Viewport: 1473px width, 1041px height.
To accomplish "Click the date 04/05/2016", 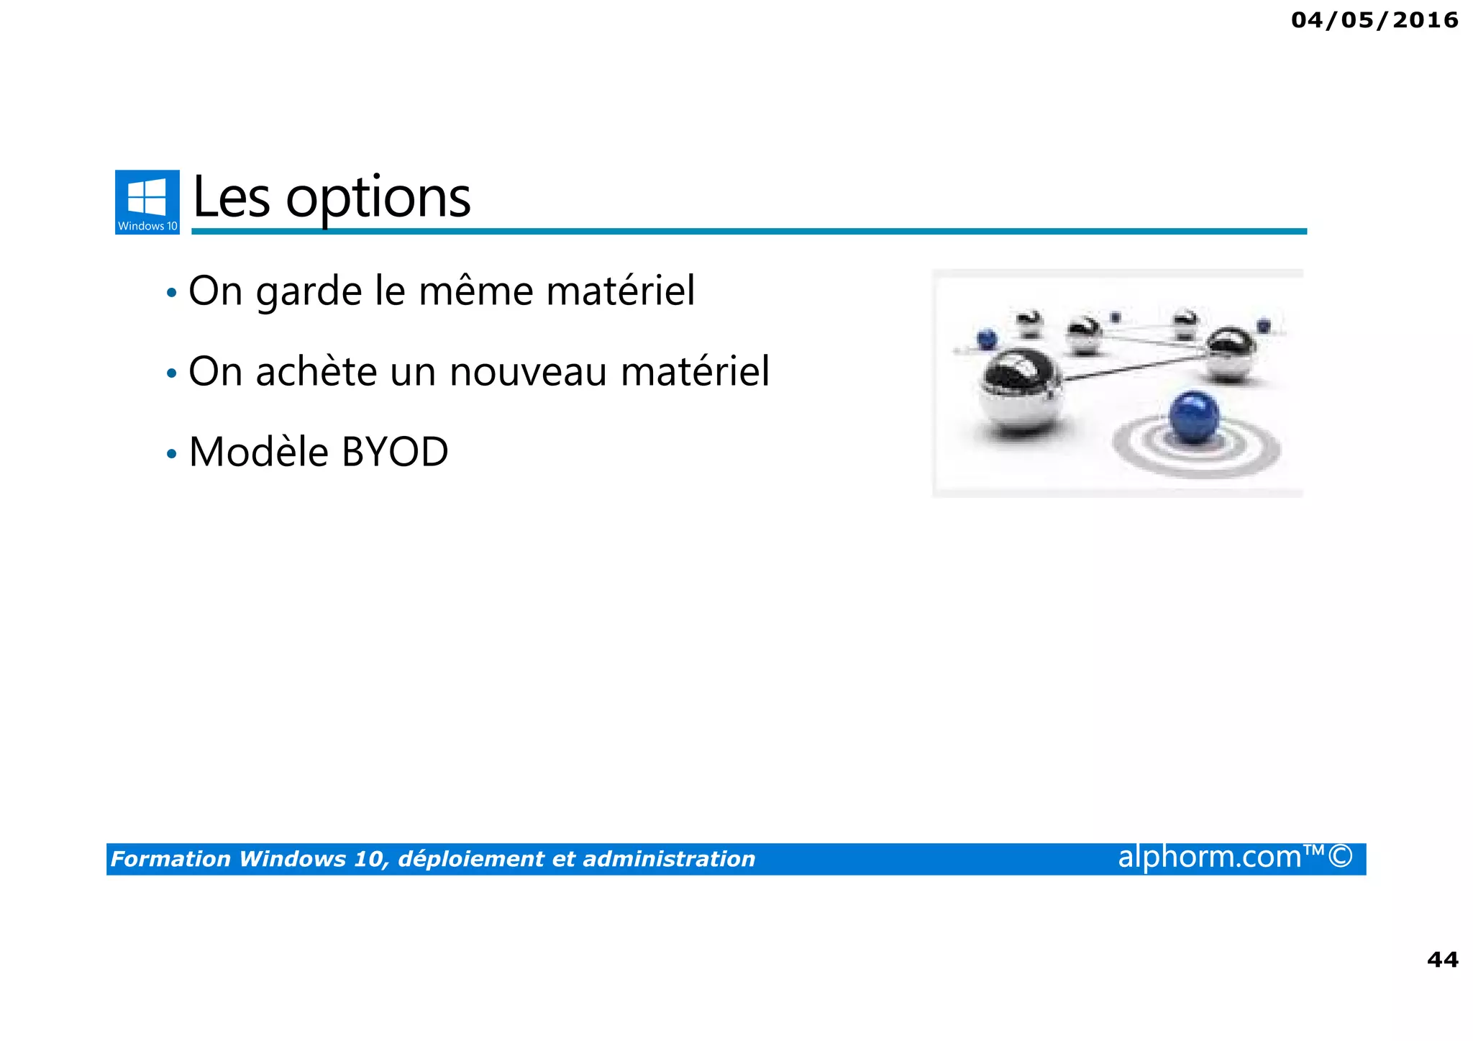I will pyautogui.click(x=1374, y=20).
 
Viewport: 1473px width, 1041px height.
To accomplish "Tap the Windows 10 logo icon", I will pyautogui.click(x=147, y=201).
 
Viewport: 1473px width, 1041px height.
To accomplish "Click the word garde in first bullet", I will pyautogui.click(x=309, y=292).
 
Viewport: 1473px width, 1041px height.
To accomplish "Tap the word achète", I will pyautogui.click(x=316, y=372).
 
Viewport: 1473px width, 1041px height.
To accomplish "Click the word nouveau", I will pyautogui.click(x=528, y=373).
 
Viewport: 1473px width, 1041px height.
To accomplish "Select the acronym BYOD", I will pyautogui.click(x=394, y=453).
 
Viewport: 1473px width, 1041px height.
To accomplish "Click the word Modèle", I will pyautogui.click(x=258, y=453).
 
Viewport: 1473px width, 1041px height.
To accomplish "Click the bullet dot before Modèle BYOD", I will pyautogui.click(x=171, y=455).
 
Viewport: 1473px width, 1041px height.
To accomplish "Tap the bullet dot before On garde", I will pyautogui.click(x=171, y=294).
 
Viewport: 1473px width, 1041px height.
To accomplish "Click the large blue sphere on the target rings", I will pyautogui.click(x=1194, y=417).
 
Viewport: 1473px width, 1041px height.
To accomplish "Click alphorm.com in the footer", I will pyautogui.click(x=1209, y=857).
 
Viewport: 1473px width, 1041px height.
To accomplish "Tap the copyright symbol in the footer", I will pyautogui.click(x=1340, y=857).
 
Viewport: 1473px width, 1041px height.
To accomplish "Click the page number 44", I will pyautogui.click(x=1442, y=960).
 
